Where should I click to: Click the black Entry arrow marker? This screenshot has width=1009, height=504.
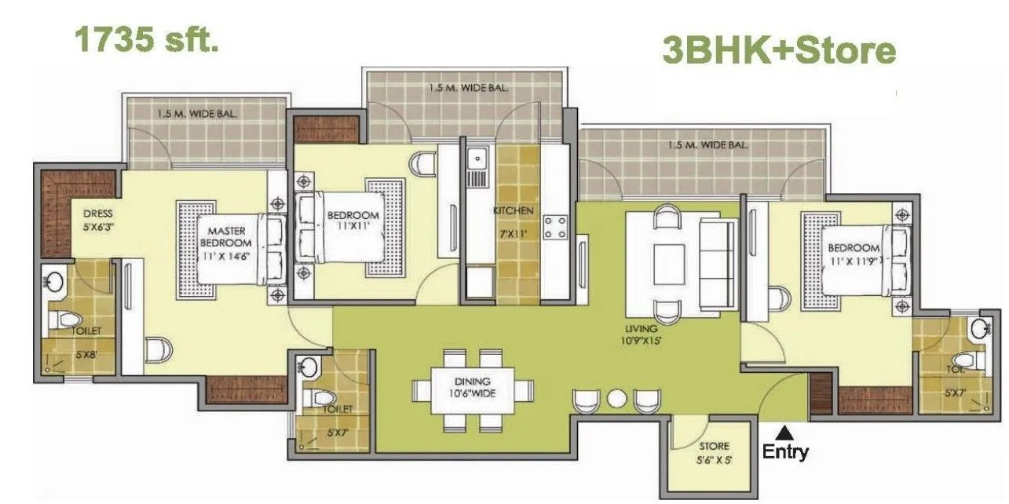coord(783,430)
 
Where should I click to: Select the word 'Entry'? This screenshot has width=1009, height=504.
coord(784,452)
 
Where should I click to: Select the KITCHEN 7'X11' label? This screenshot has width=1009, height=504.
coord(514,222)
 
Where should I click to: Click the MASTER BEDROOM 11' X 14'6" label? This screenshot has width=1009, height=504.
coord(228,243)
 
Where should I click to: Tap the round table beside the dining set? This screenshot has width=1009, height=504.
coord(617,399)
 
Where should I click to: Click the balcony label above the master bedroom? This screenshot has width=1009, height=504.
coord(198,114)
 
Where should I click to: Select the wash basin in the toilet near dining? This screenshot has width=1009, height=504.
coord(309,367)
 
